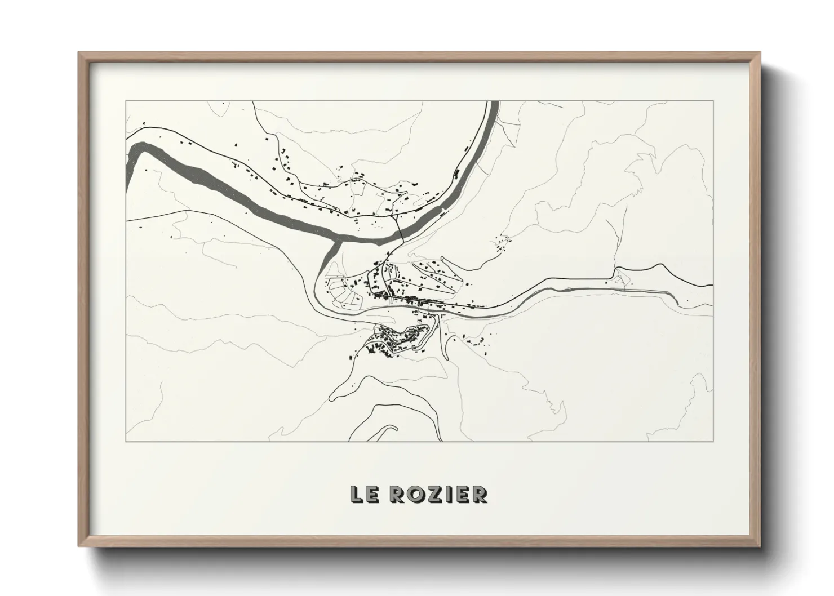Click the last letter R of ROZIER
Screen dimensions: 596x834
tap(480, 494)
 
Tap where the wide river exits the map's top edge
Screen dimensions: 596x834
tap(494, 103)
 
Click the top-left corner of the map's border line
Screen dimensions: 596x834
tap(126, 101)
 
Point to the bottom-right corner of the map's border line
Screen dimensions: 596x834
tap(713, 441)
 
